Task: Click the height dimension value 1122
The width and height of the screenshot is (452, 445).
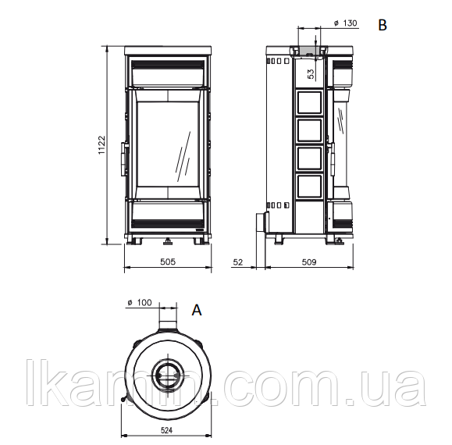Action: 101,145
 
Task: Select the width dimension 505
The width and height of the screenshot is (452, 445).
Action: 168,262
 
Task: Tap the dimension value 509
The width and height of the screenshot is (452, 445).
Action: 309,262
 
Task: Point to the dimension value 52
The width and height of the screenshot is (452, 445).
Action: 238,262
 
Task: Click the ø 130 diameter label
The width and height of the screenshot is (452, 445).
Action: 345,23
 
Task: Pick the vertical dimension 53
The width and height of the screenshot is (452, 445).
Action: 311,74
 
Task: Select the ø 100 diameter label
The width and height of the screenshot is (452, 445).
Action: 140,303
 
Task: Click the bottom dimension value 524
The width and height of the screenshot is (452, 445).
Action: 166,430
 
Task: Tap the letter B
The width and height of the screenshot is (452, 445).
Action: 383,25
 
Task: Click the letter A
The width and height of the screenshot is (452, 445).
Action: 197,311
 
